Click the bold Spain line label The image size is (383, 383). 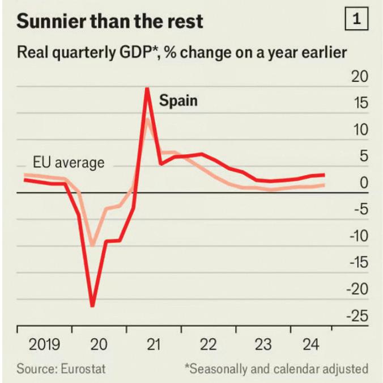point(178,101)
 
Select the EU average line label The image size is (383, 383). point(69,163)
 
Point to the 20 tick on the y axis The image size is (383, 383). point(360,77)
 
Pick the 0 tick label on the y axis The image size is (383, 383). point(364,183)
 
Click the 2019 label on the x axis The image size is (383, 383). point(45,344)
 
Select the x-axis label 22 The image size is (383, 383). point(208,344)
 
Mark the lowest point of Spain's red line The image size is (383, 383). point(92,305)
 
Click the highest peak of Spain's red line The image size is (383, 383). point(147,89)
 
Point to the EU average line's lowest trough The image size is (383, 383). point(92,245)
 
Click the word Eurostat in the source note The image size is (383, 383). point(84,369)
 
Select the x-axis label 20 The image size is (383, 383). point(99,344)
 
